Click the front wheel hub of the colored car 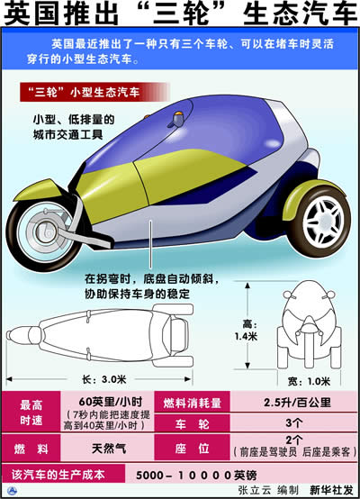[44, 231]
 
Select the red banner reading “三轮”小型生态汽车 [94, 92]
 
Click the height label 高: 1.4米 [246, 331]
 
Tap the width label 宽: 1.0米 [309, 381]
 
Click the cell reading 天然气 [109, 449]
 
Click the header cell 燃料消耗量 [192, 403]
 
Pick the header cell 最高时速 [31, 413]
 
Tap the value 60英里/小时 [111, 402]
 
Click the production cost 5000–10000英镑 [196, 476]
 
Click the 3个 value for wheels [293, 423]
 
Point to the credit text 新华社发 [332, 490]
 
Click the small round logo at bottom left [13, 490]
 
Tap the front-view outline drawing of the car [309, 324]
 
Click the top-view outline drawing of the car [100, 335]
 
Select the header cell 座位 [192, 448]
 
